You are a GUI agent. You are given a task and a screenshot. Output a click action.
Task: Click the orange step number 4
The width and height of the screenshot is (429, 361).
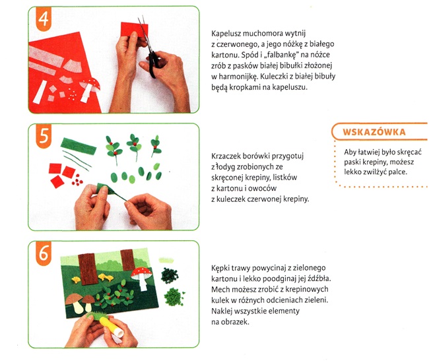44,18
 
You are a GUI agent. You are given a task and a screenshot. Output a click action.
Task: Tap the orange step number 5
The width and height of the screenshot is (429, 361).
44,135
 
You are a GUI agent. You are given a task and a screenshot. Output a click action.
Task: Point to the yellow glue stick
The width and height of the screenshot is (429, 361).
111,326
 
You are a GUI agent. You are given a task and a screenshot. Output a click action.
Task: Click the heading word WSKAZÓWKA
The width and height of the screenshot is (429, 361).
374,132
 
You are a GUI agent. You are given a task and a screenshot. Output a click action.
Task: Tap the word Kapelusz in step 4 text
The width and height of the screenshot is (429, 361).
226,34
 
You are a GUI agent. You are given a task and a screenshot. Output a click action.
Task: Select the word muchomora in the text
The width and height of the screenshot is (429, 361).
263,34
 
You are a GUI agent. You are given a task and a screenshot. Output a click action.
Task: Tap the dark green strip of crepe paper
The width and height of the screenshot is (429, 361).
79,146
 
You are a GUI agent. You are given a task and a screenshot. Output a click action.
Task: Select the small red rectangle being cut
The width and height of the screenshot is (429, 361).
135,30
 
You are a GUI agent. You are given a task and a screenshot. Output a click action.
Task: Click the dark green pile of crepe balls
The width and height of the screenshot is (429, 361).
170,275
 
